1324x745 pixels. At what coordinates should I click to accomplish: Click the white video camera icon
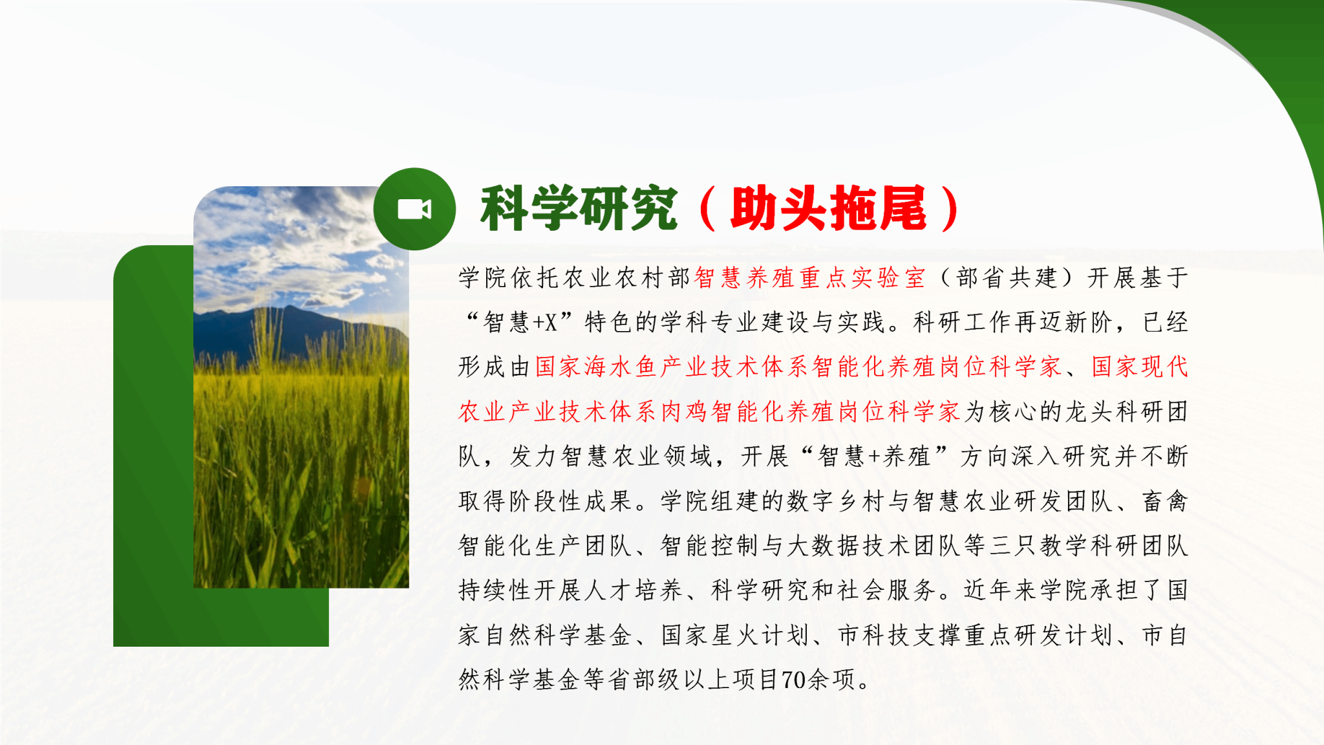(414, 209)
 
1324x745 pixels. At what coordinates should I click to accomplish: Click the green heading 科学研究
(579, 208)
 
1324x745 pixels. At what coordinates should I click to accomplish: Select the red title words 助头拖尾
(829, 208)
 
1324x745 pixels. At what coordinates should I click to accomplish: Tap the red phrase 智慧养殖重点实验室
(810, 277)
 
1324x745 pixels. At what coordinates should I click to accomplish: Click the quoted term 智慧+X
(520, 322)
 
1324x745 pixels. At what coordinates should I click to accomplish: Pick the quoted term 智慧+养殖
(874, 456)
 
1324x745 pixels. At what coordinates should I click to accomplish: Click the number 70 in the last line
(794, 680)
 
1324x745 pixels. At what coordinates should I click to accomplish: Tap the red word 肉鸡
(685, 411)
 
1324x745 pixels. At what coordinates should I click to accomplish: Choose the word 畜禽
(1165, 501)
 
